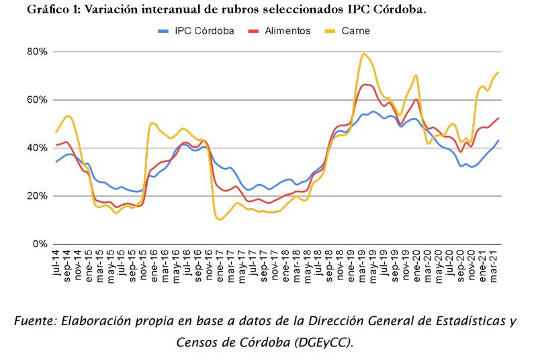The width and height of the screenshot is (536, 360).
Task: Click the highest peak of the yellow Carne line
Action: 363,54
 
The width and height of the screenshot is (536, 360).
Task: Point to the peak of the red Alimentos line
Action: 365,85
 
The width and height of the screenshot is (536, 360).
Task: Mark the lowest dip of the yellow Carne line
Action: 220,220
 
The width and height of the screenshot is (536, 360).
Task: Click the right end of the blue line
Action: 498,140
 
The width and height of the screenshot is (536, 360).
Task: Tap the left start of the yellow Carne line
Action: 56,132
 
